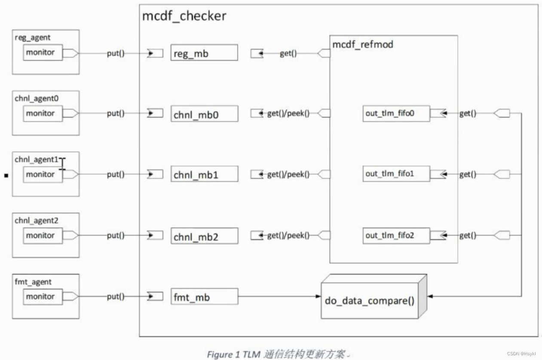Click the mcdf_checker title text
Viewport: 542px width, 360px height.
[x=184, y=17]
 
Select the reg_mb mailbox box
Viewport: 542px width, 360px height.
[x=204, y=53]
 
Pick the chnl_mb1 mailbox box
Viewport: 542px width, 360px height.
[x=204, y=175]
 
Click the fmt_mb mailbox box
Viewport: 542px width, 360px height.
[x=204, y=297]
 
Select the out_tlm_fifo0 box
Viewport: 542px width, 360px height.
[x=396, y=113]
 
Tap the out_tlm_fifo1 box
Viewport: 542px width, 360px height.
[x=396, y=174]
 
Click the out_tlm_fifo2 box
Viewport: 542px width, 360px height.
[x=396, y=235]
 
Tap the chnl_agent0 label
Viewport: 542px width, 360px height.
[x=37, y=98]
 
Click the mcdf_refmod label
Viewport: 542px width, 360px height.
[x=363, y=44]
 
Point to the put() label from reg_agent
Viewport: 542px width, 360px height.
[x=116, y=54]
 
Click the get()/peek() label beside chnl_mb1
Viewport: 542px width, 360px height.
[x=288, y=175]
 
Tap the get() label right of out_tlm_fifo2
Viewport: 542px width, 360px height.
[x=468, y=236]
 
